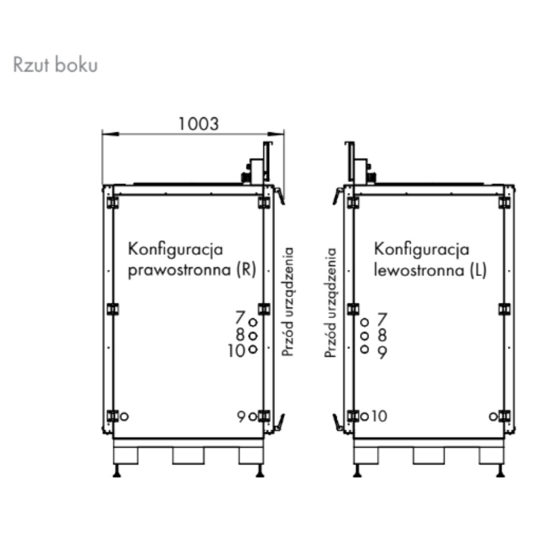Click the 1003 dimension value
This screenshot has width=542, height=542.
tap(199, 123)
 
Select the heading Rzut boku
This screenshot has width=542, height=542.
tap(55, 66)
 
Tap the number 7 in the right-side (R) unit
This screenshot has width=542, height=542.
tap(240, 318)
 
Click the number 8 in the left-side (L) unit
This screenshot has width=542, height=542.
tap(382, 335)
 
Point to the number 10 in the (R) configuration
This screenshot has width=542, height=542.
tap(236, 350)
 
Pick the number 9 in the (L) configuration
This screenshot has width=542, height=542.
tap(382, 353)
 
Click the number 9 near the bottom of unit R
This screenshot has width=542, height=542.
tap(241, 417)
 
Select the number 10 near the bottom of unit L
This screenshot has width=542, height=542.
tap(380, 416)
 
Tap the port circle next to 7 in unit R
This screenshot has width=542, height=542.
tap(253, 322)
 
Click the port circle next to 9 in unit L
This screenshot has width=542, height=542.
tap(365, 349)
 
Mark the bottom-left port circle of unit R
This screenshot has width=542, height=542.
tap(124, 416)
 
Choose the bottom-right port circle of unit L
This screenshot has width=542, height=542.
tap(493, 416)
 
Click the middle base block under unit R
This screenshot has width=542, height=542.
tap(188, 455)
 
